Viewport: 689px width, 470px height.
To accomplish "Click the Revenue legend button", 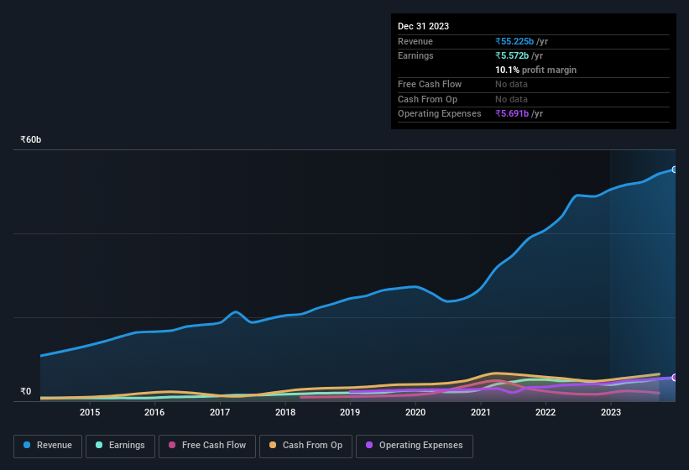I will [x=48, y=446].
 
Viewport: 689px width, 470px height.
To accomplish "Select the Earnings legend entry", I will [x=119, y=446].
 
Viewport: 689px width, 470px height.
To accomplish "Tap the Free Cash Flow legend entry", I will [x=207, y=446].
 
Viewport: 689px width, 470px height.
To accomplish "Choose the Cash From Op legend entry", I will [x=305, y=446].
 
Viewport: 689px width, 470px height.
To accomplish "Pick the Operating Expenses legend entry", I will [x=414, y=446].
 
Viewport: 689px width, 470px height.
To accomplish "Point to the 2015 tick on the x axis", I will [x=90, y=412].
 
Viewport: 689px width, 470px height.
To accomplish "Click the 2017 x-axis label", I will [x=220, y=412].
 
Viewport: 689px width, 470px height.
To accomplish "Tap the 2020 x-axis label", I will [x=415, y=412].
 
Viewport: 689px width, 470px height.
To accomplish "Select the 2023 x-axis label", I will [x=611, y=412].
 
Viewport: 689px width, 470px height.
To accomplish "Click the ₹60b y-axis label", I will [x=31, y=139].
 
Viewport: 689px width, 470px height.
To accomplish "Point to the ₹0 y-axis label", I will [x=25, y=391].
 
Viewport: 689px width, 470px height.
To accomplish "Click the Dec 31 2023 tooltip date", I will [x=423, y=26].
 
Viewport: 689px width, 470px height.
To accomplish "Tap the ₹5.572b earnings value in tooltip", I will [x=513, y=55].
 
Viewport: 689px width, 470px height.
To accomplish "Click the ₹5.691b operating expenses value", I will [x=513, y=113].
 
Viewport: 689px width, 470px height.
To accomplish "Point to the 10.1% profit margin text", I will [x=535, y=70].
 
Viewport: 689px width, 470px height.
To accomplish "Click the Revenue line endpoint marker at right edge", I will [x=674, y=170].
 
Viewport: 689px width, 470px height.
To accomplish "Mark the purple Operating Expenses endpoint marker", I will [x=674, y=378].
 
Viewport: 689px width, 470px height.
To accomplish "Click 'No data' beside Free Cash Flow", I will [x=513, y=84].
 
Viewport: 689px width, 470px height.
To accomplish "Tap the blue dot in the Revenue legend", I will [x=28, y=446].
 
